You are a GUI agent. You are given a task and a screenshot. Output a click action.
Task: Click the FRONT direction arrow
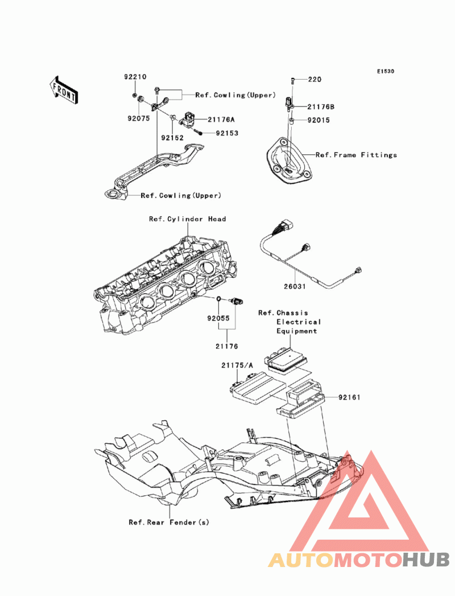(64, 90)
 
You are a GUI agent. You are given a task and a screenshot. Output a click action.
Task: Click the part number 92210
(135, 77)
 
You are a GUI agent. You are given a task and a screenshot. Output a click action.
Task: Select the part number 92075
(139, 118)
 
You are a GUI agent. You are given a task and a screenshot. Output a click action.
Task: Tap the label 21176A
(221, 120)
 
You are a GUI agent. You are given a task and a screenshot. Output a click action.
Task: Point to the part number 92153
(227, 133)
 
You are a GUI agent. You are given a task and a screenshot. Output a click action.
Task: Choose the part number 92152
(172, 138)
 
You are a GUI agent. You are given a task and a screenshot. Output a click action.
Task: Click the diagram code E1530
(386, 72)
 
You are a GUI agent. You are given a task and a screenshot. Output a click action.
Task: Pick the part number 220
(315, 80)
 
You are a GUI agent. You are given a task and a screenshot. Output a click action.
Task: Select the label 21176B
(321, 107)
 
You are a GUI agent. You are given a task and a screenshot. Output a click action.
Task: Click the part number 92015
(318, 121)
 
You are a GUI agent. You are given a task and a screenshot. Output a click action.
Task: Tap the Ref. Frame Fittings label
(356, 155)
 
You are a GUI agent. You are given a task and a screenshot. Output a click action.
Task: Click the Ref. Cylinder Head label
(188, 219)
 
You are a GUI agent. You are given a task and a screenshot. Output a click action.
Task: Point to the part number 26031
(295, 286)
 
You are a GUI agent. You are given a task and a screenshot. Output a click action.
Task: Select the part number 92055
(218, 319)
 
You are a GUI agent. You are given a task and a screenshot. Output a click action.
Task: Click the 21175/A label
(237, 365)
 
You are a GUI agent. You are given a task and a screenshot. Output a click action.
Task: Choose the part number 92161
(349, 397)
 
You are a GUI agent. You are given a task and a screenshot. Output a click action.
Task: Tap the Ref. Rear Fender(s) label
(169, 523)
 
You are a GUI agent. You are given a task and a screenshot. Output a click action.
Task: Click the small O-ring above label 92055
(219, 299)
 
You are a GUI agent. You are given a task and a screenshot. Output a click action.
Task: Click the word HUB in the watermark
(426, 560)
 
